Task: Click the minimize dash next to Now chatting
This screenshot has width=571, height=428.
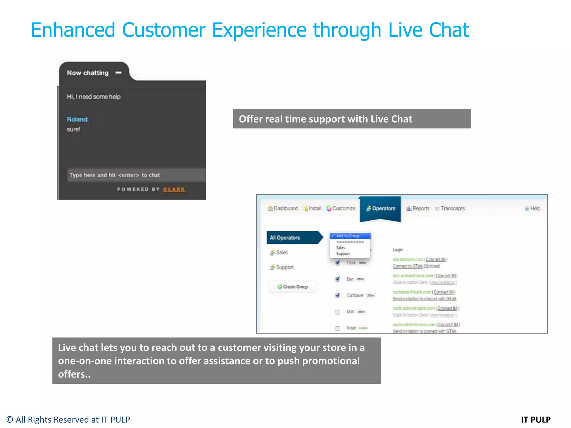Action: pyautogui.click(x=119, y=73)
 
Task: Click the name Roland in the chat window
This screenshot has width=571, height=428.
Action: pyautogui.click(x=78, y=120)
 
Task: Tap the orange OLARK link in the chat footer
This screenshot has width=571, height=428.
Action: pyautogui.click(x=174, y=189)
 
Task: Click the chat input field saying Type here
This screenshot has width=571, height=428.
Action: pyautogui.click(x=136, y=175)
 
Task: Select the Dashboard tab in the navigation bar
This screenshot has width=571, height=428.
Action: pyautogui.click(x=283, y=208)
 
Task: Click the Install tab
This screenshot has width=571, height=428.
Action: pyautogui.click(x=313, y=208)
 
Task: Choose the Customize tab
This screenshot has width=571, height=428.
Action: pyautogui.click(x=341, y=208)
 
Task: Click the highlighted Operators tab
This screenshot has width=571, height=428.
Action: pyautogui.click(x=381, y=208)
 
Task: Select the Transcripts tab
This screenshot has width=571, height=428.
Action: pyautogui.click(x=450, y=208)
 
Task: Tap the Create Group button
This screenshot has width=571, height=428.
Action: pyautogui.click(x=292, y=287)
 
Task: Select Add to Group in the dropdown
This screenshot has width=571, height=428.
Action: pyautogui.click(x=348, y=236)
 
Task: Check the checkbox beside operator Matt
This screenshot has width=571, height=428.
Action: pyautogui.click(x=337, y=312)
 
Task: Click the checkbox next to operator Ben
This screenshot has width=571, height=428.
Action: pyautogui.click(x=337, y=279)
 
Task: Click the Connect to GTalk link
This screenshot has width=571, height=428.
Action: pyautogui.click(x=407, y=266)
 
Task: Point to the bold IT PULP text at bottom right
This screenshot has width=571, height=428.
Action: pyautogui.click(x=536, y=420)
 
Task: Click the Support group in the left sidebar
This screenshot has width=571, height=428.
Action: pyautogui.click(x=284, y=267)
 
